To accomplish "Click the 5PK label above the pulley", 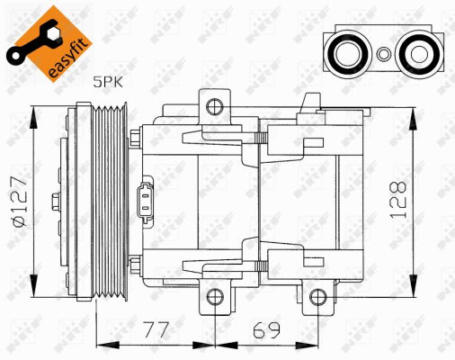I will pos(108,82).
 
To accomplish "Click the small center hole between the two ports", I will pos(381,53).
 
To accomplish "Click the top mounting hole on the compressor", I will pos(213,108).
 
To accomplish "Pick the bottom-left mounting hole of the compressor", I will pos(213,297).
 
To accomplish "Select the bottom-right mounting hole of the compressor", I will pos(314,297).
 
